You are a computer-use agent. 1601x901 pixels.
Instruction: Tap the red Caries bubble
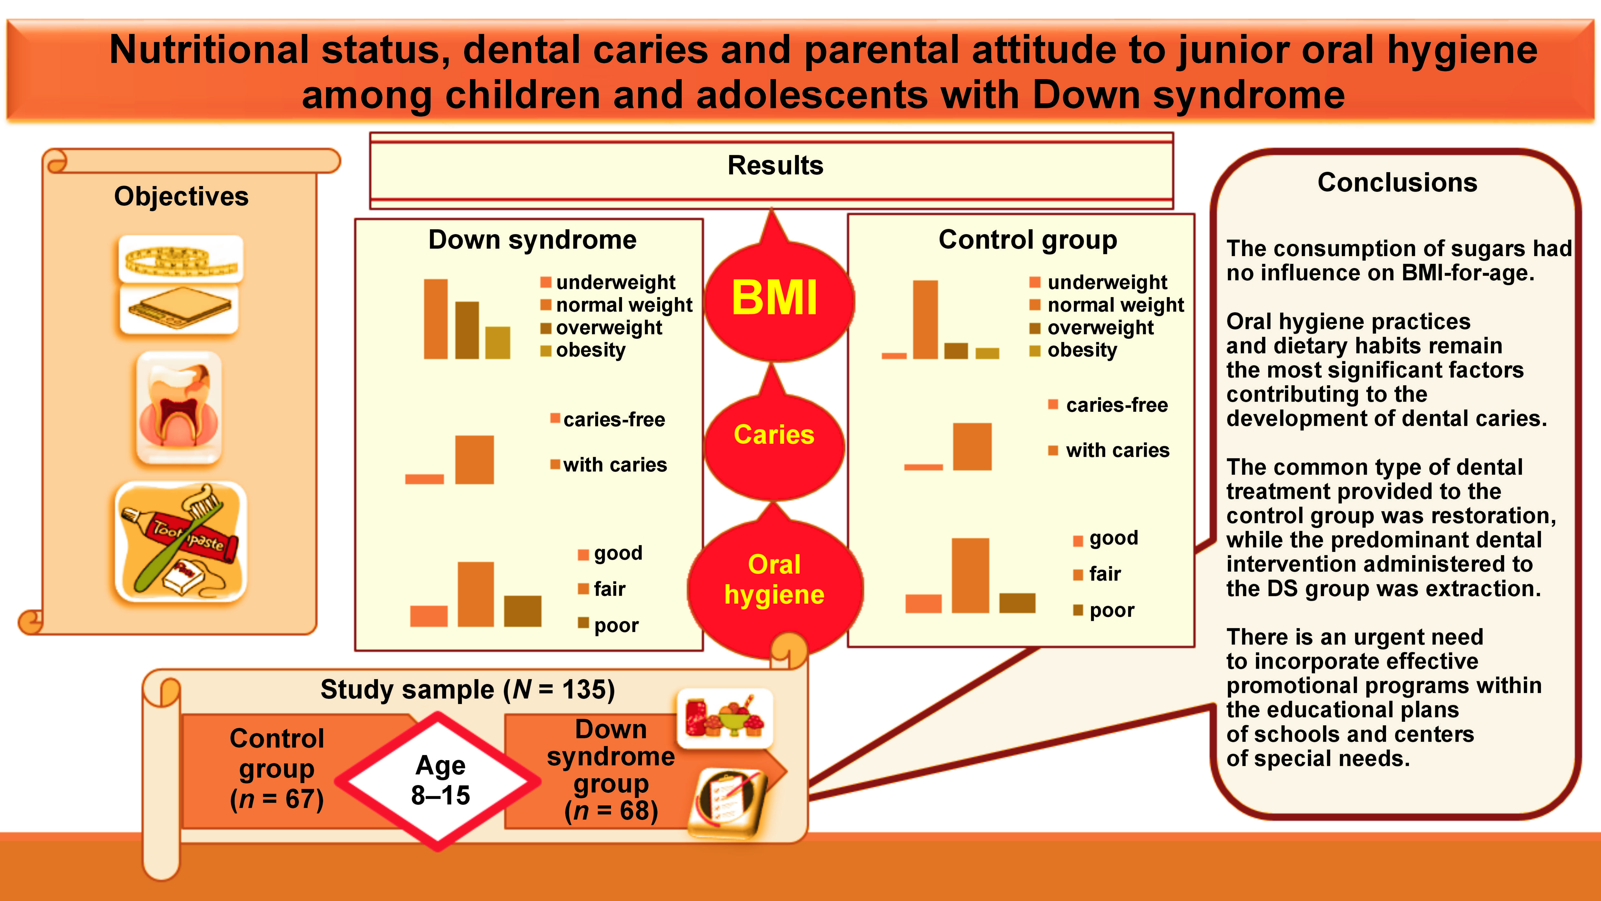774,435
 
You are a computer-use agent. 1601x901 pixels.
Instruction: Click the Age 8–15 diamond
440,780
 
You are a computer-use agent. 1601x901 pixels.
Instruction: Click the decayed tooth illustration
179,407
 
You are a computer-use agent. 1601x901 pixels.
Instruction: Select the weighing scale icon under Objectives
179,308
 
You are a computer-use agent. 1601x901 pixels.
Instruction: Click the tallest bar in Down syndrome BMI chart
436,319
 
